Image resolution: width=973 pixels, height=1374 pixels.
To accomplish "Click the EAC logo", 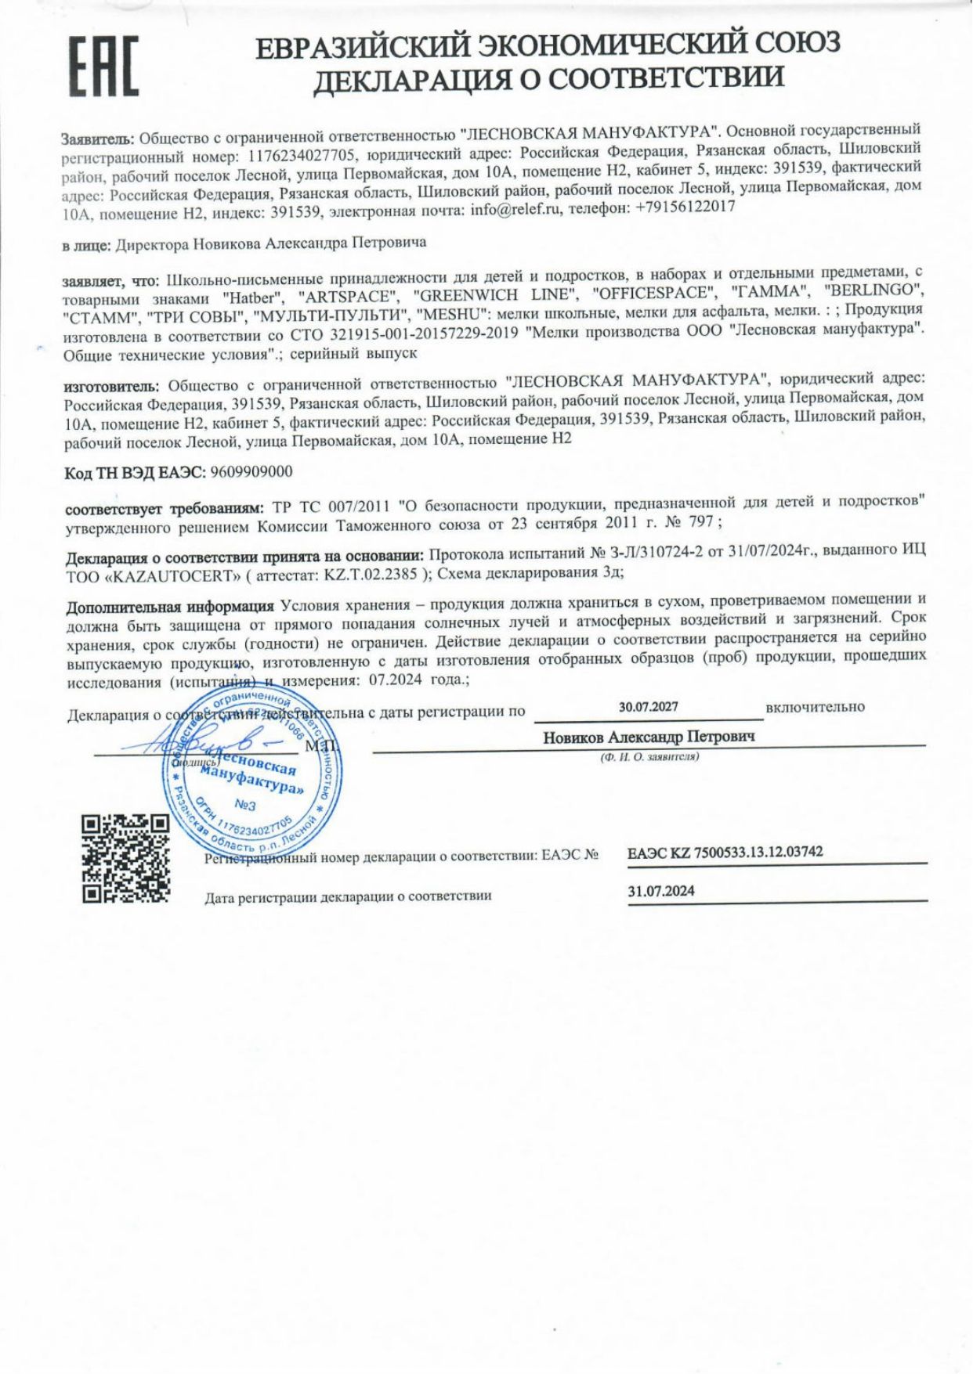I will pos(104,67).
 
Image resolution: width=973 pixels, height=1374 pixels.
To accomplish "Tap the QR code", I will pos(125,857).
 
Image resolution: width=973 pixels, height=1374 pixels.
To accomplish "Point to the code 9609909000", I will pos(251,471).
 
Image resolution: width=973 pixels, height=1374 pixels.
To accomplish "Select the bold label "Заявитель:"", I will pos(99,139).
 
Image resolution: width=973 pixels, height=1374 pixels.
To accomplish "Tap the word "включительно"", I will pos(815,707).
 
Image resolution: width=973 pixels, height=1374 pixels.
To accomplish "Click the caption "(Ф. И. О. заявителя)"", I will pos(649,757).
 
